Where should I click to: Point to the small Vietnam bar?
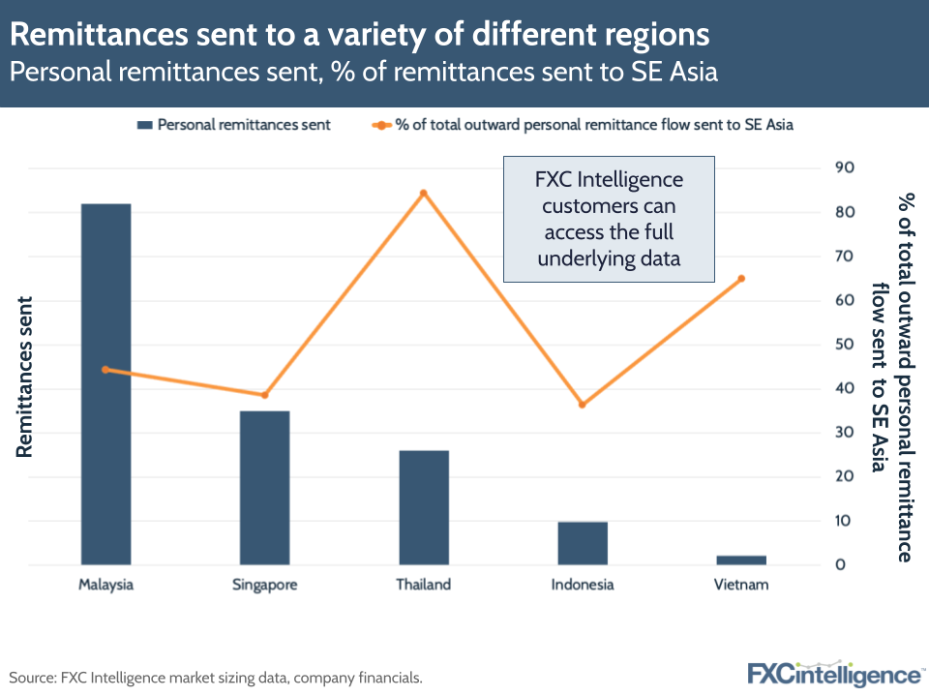click(741, 560)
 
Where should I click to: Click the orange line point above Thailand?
click(423, 193)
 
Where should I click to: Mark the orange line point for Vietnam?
click(741, 279)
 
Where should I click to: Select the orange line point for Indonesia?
click(583, 405)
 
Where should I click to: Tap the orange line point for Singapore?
click(264, 395)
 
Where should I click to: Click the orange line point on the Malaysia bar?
click(105, 370)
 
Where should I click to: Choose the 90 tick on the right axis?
click(843, 167)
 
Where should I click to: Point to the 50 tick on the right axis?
click(843, 345)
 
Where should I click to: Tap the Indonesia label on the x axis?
click(583, 585)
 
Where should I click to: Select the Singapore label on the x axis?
click(264, 585)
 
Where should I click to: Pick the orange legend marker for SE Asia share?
click(381, 125)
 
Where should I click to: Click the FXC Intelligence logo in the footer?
click(834, 674)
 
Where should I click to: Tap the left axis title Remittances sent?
click(25, 376)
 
